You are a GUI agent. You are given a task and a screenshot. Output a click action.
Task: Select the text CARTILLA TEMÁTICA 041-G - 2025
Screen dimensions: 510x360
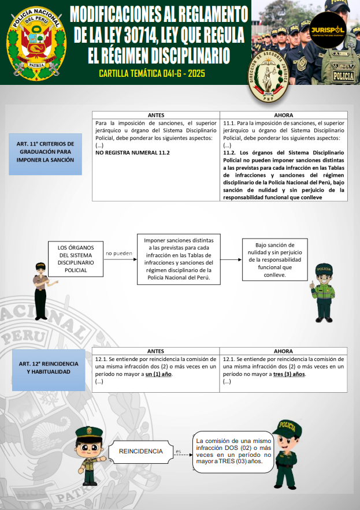coord(151,74)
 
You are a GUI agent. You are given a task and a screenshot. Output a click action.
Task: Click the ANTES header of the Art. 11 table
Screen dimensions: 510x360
coord(156,115)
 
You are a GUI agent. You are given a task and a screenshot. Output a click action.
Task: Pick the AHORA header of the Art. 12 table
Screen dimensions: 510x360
coord(283,351)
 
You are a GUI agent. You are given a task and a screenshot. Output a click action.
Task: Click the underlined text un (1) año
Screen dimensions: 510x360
coord(158,374)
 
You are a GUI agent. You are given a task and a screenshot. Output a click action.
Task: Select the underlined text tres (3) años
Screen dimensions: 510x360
coord(290,374)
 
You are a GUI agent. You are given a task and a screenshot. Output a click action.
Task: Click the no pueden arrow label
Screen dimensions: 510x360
coord(119,253)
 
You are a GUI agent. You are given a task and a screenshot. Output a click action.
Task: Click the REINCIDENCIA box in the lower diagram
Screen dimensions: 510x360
coord(140,451)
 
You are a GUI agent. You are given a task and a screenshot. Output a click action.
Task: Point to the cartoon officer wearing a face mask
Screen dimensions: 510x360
coord(323,292)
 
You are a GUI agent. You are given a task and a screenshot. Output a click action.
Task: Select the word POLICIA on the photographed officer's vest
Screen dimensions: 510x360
coord(344,76)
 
